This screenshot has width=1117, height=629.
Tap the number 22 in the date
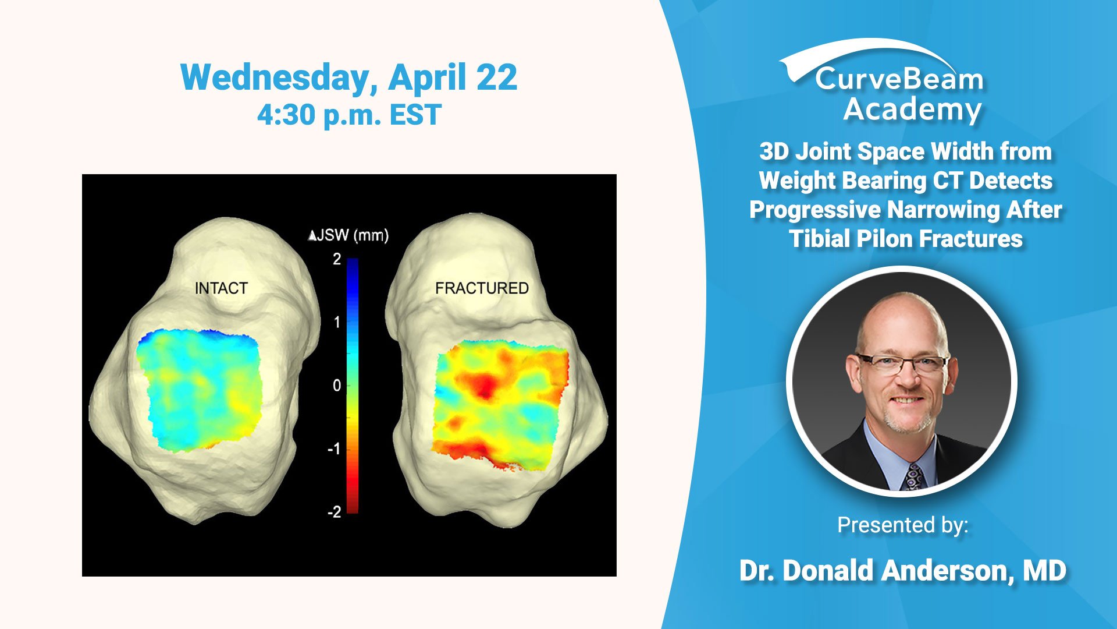tap(496, 77)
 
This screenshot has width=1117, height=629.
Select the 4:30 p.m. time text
tap(319, 115)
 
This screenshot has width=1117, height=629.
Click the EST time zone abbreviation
tap(415, 114)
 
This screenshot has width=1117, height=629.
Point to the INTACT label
tap(221, 288)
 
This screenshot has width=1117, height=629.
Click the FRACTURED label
tap(482, 288)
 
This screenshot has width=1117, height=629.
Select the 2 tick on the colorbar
tap(337, 259)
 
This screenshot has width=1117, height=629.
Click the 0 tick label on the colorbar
tap(337, 386)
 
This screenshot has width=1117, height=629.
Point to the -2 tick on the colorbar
tap(335, 512)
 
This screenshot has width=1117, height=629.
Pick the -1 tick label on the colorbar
tap(335, 449)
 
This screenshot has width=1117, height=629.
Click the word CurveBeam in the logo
tap(899, 79)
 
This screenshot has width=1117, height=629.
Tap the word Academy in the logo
tap(912, 110)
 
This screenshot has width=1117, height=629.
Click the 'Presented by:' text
tap(903, 525)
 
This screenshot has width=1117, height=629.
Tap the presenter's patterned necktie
tap(914, 477)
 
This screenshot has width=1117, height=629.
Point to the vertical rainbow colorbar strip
tap(353, 386)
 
